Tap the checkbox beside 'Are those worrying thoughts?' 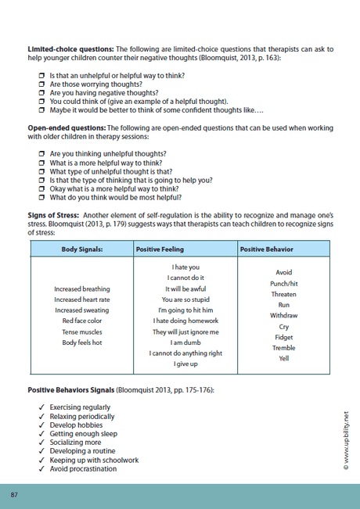42,84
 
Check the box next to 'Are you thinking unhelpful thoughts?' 42,154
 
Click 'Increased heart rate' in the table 81,299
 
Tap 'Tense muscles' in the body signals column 81,332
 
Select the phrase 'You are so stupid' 186,299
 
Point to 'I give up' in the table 186,364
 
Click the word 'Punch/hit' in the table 283,283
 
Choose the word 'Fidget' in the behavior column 283,337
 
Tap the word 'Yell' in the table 283,359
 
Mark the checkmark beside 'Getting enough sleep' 41,434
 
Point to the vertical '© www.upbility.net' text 345,443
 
